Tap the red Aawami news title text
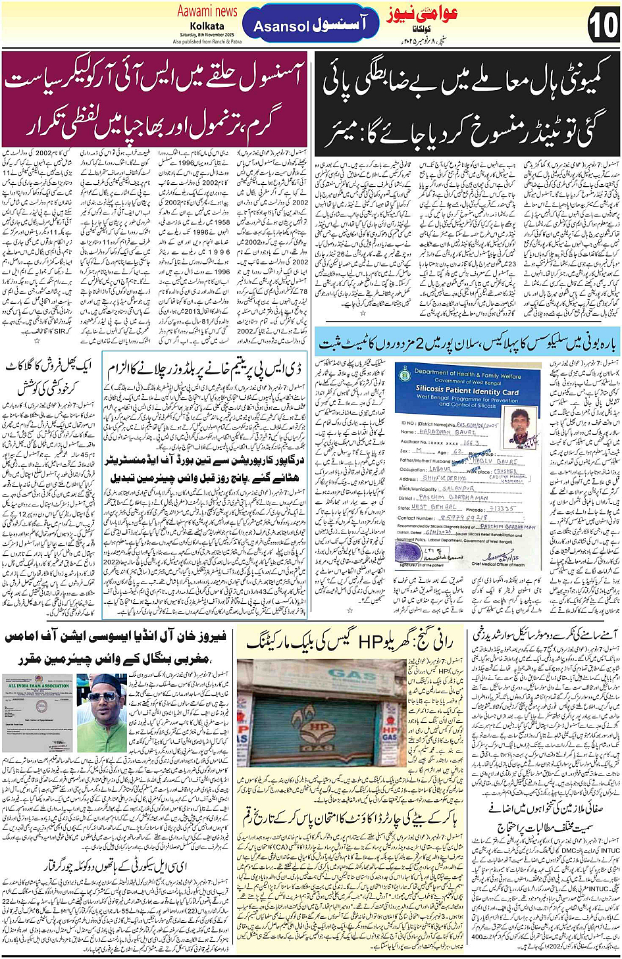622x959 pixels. tap(207, 11)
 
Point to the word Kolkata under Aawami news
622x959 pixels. tap(207, 26)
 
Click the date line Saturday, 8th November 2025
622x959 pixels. tap(207, 35)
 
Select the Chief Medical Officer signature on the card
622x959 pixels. tap(498, 554)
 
